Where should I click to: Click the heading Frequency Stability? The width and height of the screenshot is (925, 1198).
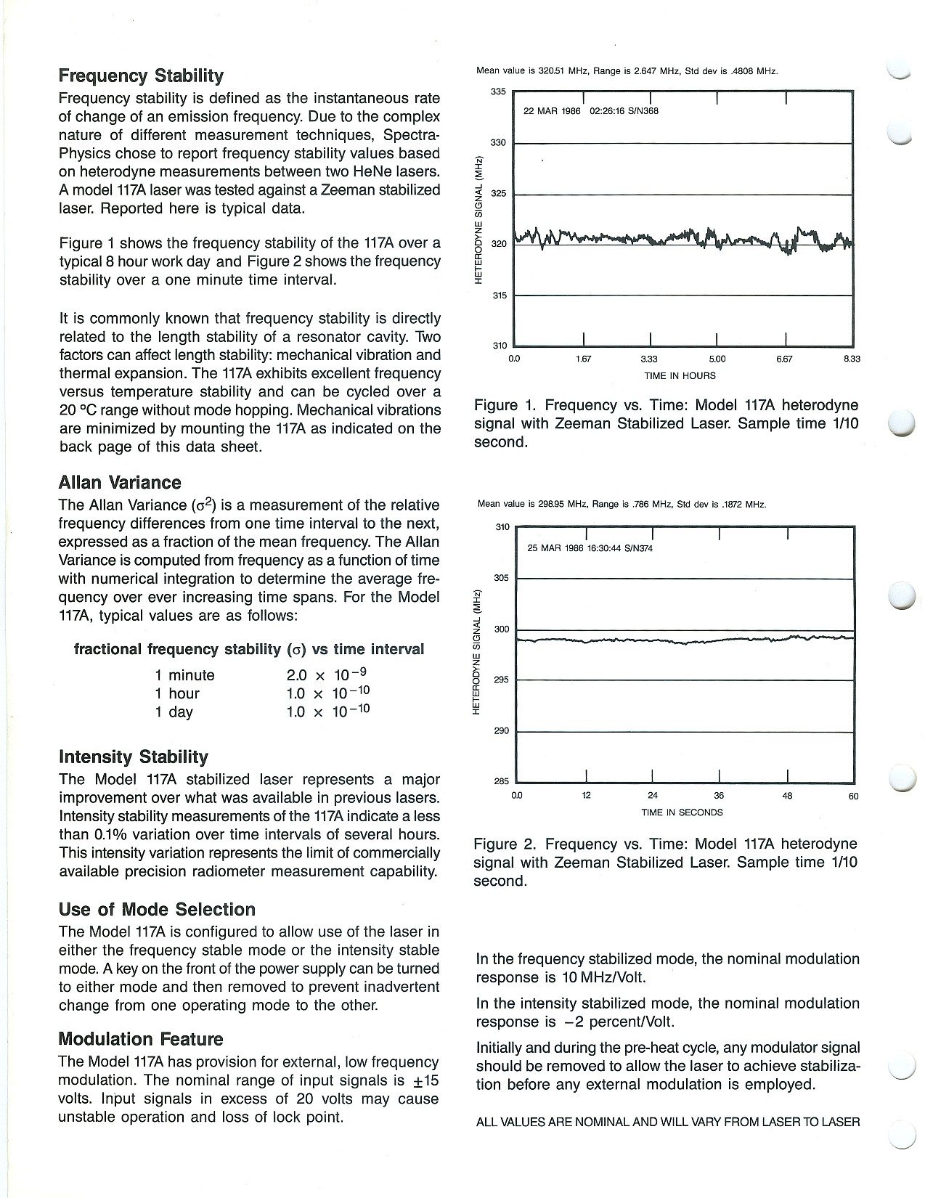pyautogui.click(x=141, y=76)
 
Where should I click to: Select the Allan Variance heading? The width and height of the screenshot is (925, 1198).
pyautogui.click(x=120, y=482)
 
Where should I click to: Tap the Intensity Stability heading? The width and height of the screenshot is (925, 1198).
pyautogui.click(x=133, y=757)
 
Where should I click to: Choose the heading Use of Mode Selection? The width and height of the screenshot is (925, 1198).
pyautogui.click(x=157, y=909)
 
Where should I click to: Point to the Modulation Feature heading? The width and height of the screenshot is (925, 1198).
pyautogui.click(x=141, y=1038)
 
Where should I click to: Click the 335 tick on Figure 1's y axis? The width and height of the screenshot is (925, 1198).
pyautogui.click(x=498, y=92)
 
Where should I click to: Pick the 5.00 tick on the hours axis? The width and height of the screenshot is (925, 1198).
pyautogui.click(x=717, y=359)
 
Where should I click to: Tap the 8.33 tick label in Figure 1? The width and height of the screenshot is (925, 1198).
pyautogui.click(x=852, y=359)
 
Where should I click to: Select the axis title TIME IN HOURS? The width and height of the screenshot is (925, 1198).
pyautogui.click(x=680, y=375)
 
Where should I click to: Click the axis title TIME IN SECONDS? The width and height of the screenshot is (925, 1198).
pyautogui.click(x=682, y=812)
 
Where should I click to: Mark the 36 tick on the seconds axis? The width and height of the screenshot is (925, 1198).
pyautogui.click(x=720, y=795)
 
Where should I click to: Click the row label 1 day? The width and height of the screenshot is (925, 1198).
pyautogui.click(x=174, y=712)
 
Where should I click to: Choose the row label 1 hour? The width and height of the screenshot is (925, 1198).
pyautogui.click(x=176, y=693)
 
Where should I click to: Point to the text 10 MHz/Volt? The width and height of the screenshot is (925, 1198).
pyautogui.click(x=603, y=977)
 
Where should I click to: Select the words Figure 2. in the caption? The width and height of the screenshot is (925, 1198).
pyautogui.click(x=505, y=844)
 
